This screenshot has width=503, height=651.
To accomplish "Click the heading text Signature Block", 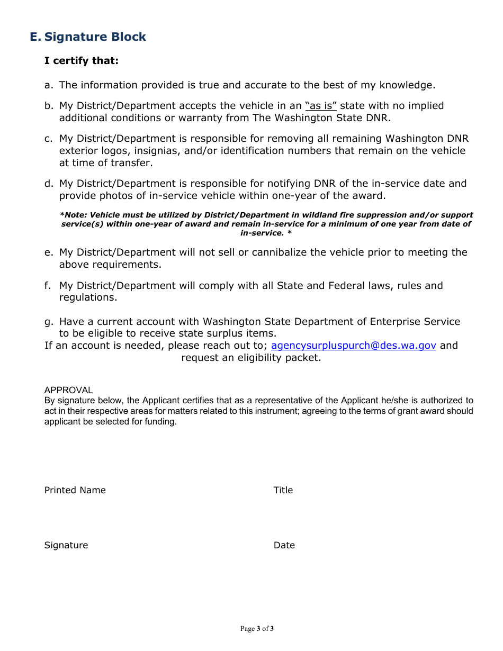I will click(x=95, y=37).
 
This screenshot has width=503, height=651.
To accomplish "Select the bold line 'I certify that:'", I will click(x=82, y=61).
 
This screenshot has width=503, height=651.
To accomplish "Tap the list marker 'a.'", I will click(x=49, y=85).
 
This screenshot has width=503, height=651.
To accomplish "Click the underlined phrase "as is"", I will click(x=321, y=106).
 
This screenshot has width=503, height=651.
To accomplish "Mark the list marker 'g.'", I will click(x=49, y=322).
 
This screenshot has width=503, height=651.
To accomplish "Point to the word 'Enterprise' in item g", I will click(x=395, y=322).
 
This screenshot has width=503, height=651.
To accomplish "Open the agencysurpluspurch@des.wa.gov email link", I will click(x=353, y=346).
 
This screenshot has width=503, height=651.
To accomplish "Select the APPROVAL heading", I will click(x=68, y=390).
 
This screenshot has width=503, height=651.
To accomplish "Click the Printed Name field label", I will click(x=75, y=490).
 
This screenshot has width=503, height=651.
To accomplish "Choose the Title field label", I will click(x=283, y=490).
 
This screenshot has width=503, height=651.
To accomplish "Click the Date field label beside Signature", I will click(x=284, y=545).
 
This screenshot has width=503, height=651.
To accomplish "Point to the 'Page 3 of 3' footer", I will click(x=257, y=629).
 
